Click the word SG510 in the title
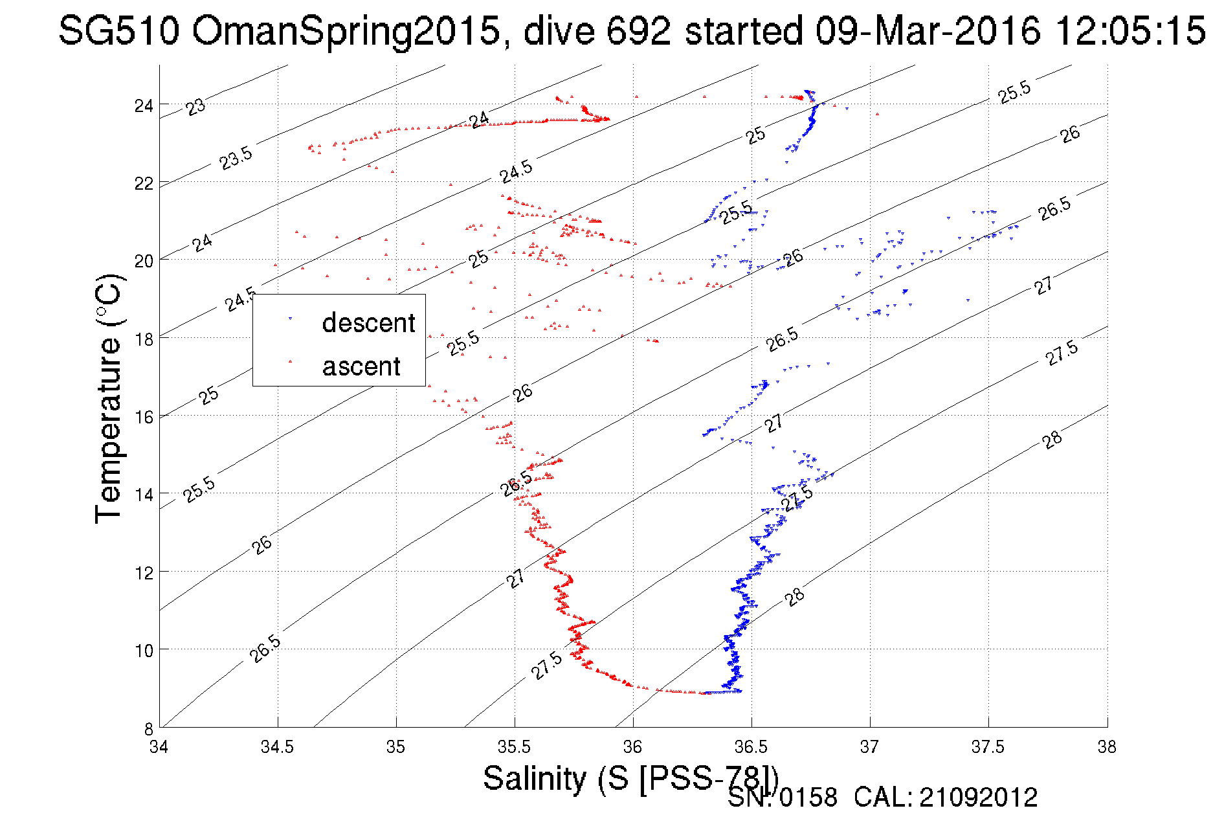pyautogui.click(x=119, y=30)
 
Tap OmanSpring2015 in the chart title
pyautogui.click(x=346, y=30)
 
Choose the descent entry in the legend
pyautogui.click(x=368, y=322)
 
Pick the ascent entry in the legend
pyautogui.click(x=361, y=366)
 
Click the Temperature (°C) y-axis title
pyautogui.click(x=109, y=399)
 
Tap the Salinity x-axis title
pyautogui.click(x=630, y=778)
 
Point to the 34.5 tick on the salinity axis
pyautogui.click(x=278, y=747)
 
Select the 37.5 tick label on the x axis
pyautogui.click(x=988, y=747)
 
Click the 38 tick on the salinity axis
pyautogui.click(x=1107, y=747)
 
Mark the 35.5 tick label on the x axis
pyautogui.click(x=515, y=747)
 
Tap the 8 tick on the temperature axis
pyautogui.click(x=148, y=728)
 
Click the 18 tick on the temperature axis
pyautogui.click(x=144, y=339)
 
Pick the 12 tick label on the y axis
pyautogui.click(x=144, y=573)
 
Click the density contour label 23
pyautogui.click(x=195, y=107)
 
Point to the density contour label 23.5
pyautogui.click(x=236, y=158)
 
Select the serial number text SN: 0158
pyautogui.click(x=782, y=798)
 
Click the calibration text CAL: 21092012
pyautogui.click(x=946, y=798)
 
